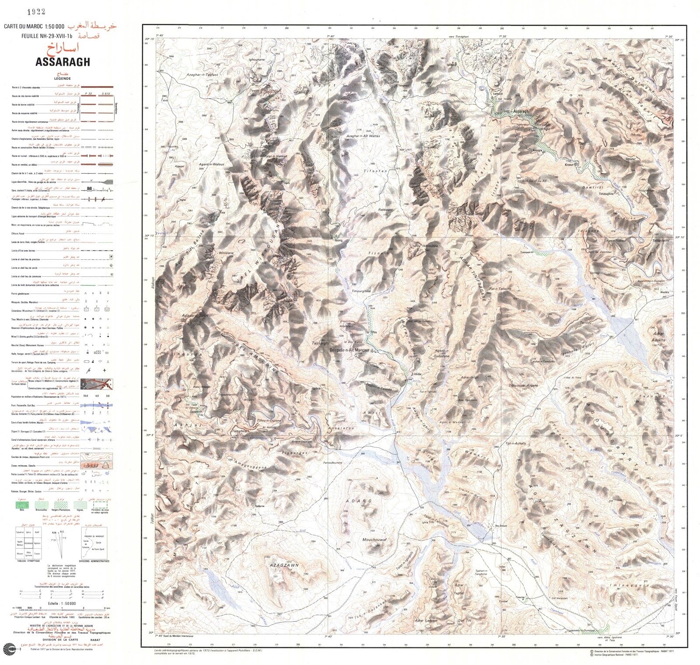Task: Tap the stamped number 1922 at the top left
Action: [x=36, y=12]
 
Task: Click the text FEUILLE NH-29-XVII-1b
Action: [x=47, y=36]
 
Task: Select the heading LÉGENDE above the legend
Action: [x=62, y=79]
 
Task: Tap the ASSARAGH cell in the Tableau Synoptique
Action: [x=28, y=543]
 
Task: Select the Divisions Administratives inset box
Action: [x=94, y=543]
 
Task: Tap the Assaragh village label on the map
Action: [x=521, y=111]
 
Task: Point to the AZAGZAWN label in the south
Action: [x=284, y=565]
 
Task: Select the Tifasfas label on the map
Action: [x=375, y=171]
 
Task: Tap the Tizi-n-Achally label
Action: [x=516, y=443]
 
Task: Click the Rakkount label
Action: [x=385, y=210]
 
